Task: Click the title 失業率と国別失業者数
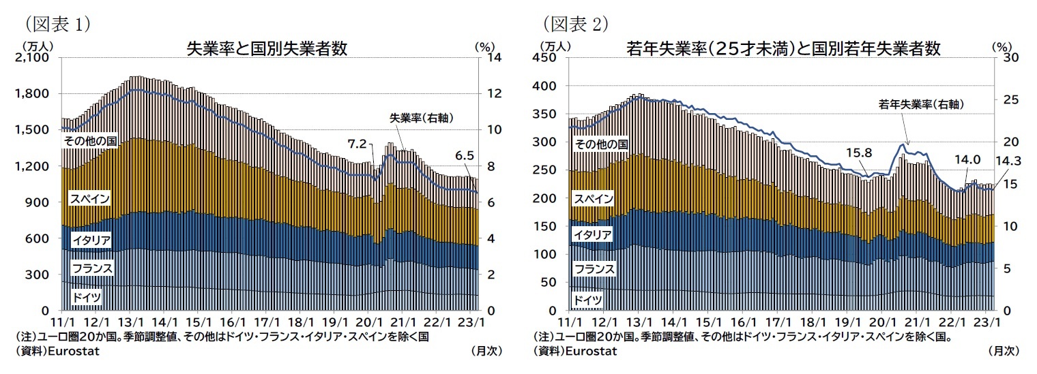click(267, 49)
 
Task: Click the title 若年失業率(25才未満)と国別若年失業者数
click(784, 49)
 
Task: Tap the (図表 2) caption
click(574, 24)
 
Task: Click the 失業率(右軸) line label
click(422, 117)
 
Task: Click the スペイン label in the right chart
click(594, 198)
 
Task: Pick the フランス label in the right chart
click(594, 269)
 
